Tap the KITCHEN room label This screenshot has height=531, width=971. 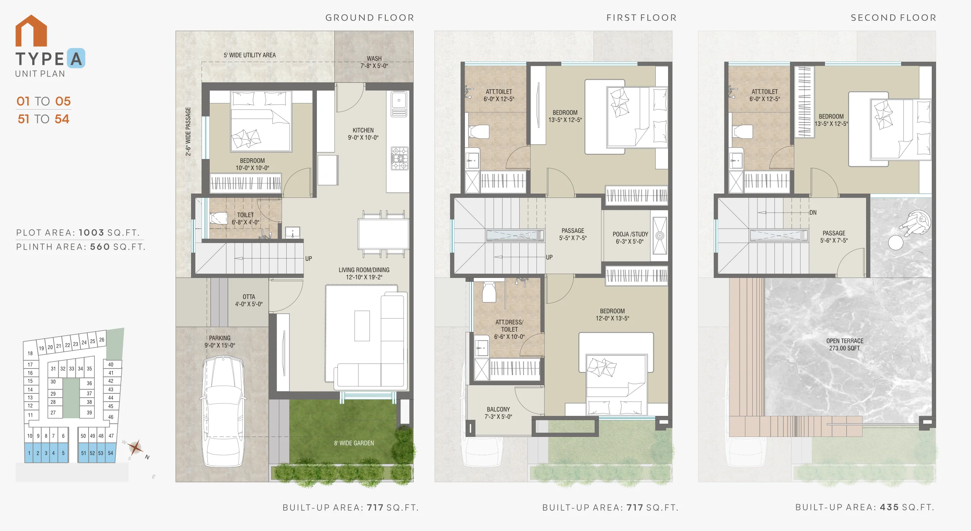coord(363,130)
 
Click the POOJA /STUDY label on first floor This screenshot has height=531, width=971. coord(630,234)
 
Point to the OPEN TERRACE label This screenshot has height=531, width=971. coord(845,341)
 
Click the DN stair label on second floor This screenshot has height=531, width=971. coord(813,213)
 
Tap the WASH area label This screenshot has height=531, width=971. coord(374,59)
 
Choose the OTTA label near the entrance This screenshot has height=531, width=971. coord(249,297)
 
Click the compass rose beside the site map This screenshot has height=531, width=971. coord(136,448)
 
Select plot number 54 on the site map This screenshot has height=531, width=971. coord(111,453)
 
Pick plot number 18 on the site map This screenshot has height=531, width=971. coord(30,353)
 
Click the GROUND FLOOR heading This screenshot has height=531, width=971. coord(370,18)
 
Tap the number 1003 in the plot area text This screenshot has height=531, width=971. coord(92,232)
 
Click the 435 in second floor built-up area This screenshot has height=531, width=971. coord(889,507)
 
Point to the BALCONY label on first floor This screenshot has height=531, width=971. coord(498,409)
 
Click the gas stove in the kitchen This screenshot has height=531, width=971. coord(400,158)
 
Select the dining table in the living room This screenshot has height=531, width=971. coord(383,234)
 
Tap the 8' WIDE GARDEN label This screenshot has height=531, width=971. coord(354,443)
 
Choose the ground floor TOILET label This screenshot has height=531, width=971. coord(245,215)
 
